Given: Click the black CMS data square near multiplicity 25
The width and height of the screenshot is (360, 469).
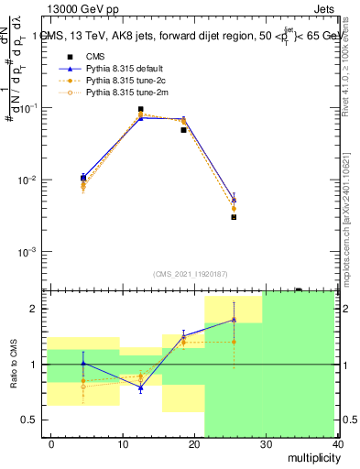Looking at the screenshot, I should (x=234, y=217).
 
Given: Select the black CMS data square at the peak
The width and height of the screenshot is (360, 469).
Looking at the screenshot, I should (x=140, y=109).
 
